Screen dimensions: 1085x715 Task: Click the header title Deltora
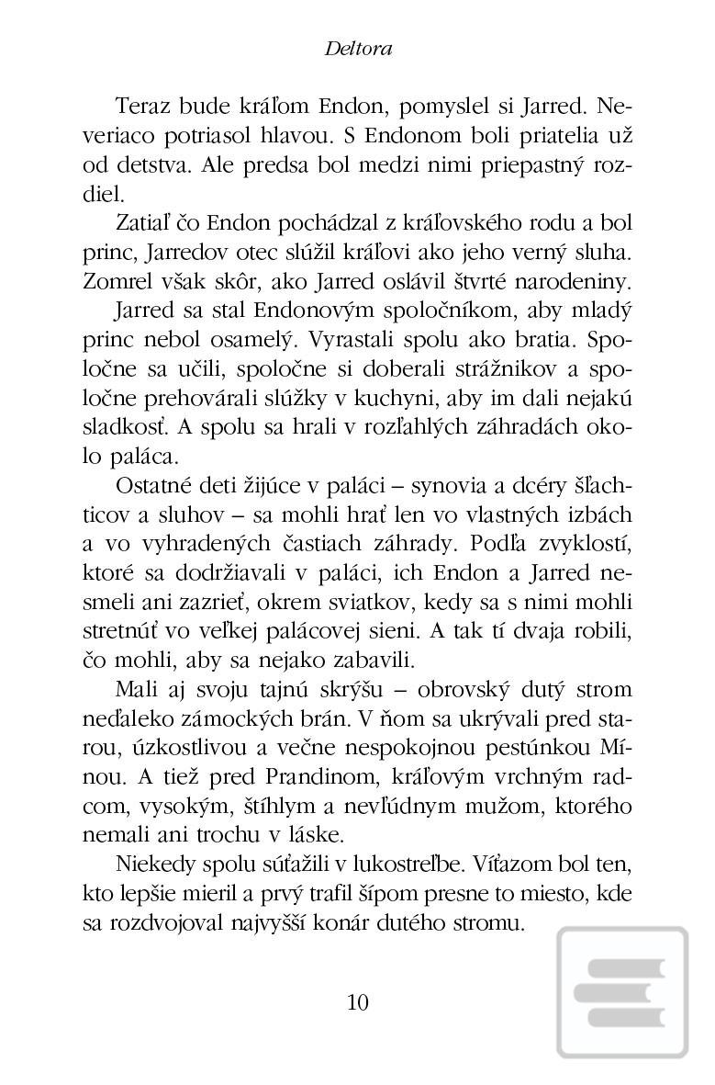[x=358, y=49]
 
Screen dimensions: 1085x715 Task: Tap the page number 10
[x=358, y=1001]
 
